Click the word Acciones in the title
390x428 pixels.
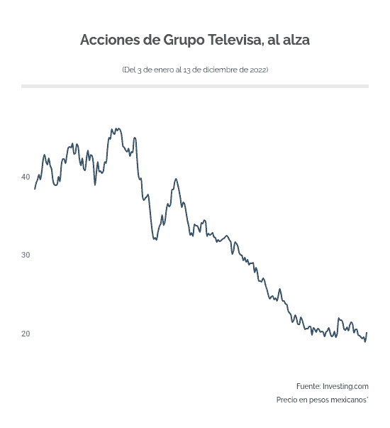(x=110, y=40)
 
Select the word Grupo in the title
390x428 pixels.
(x=184, y=40)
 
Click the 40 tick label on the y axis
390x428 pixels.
(x=26, y=177)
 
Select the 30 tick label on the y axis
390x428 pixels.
(x=26, y=255)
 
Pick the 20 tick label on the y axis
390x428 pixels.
(x=26, y=334)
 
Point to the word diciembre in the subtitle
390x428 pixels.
(x=218, y=70)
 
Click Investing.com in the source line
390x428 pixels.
(x=345, y=386)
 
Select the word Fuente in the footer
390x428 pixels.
(x=308, y=386)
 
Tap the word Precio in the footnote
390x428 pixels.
(x=287, y=400)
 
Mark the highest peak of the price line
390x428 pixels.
(x=117, y=128)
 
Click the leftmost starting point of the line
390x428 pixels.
(x=35, y=189)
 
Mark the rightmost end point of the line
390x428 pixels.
(x=367, y=332)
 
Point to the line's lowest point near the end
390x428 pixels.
(x=365, y=342)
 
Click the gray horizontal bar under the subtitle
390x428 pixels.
(x=195, y=86)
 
